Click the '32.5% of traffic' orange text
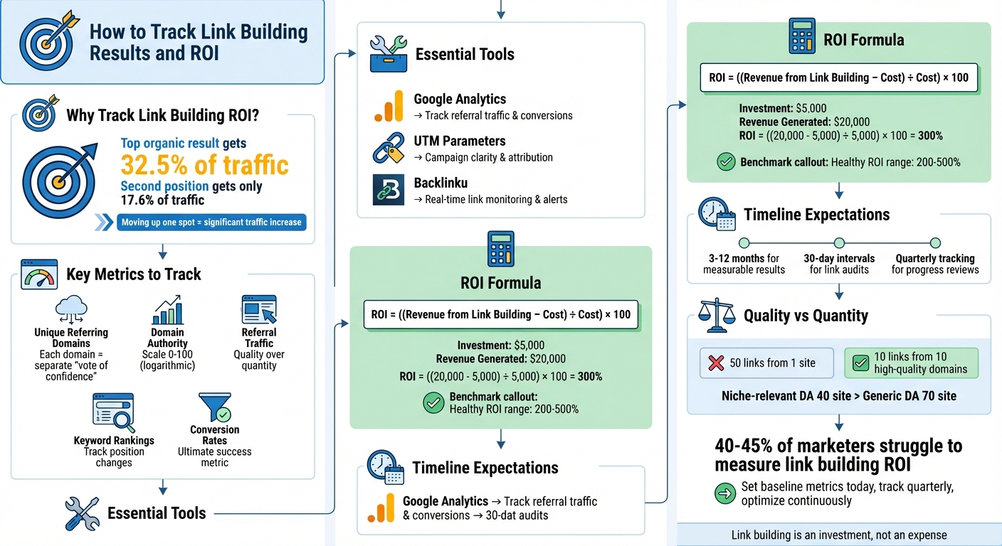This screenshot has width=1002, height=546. point(205,165)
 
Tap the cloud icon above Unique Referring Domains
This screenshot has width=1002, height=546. point(71,310)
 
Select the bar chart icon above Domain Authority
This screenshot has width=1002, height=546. point(168,311)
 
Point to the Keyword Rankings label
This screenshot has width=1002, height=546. point(114,440)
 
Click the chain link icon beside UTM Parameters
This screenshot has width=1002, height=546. point(389,149)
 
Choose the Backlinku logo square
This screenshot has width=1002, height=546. point(389,191)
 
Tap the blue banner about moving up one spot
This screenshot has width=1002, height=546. point(211,222)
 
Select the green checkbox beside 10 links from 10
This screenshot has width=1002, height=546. point(860,363)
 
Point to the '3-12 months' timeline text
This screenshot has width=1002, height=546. point(744,259)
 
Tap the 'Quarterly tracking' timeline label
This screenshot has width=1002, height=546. point(934,259)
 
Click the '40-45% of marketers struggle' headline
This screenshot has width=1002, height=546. point(838,455)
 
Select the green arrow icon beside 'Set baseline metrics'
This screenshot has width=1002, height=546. point(724,493)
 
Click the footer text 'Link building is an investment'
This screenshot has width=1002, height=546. point(839,535)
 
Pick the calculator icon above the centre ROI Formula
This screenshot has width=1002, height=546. point(500,248)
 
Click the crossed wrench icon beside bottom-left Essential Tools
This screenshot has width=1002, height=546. point(82,513)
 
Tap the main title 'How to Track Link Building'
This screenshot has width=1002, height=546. point(199,33)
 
